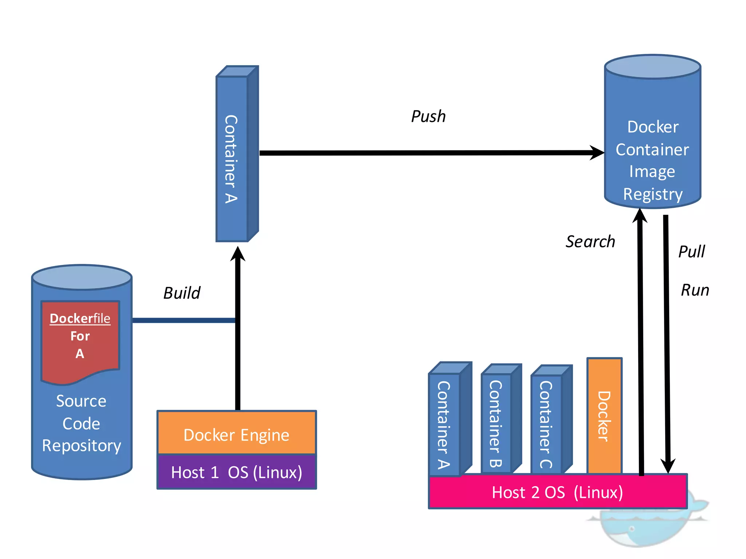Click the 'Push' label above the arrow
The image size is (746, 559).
(x=428, y=116)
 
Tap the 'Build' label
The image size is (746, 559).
(x=182, y=293)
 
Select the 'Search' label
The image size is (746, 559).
(x=590, y=242)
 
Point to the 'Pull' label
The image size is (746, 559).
(x=691, y=251)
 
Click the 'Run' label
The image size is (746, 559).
(x=695, y=290)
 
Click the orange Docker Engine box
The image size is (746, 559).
(x=236, y=433)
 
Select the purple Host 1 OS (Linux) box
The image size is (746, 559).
(x=236, y=472)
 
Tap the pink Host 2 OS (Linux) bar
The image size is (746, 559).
(x=557, y=492)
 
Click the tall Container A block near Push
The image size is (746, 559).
(x=232, y=159)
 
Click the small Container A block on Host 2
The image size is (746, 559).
(x=444, y=424)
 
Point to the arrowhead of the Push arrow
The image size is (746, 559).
(x=597, y=153)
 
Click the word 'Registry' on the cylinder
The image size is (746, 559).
(x=653, y=194)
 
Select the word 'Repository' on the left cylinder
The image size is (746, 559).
(x=82, y=446)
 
